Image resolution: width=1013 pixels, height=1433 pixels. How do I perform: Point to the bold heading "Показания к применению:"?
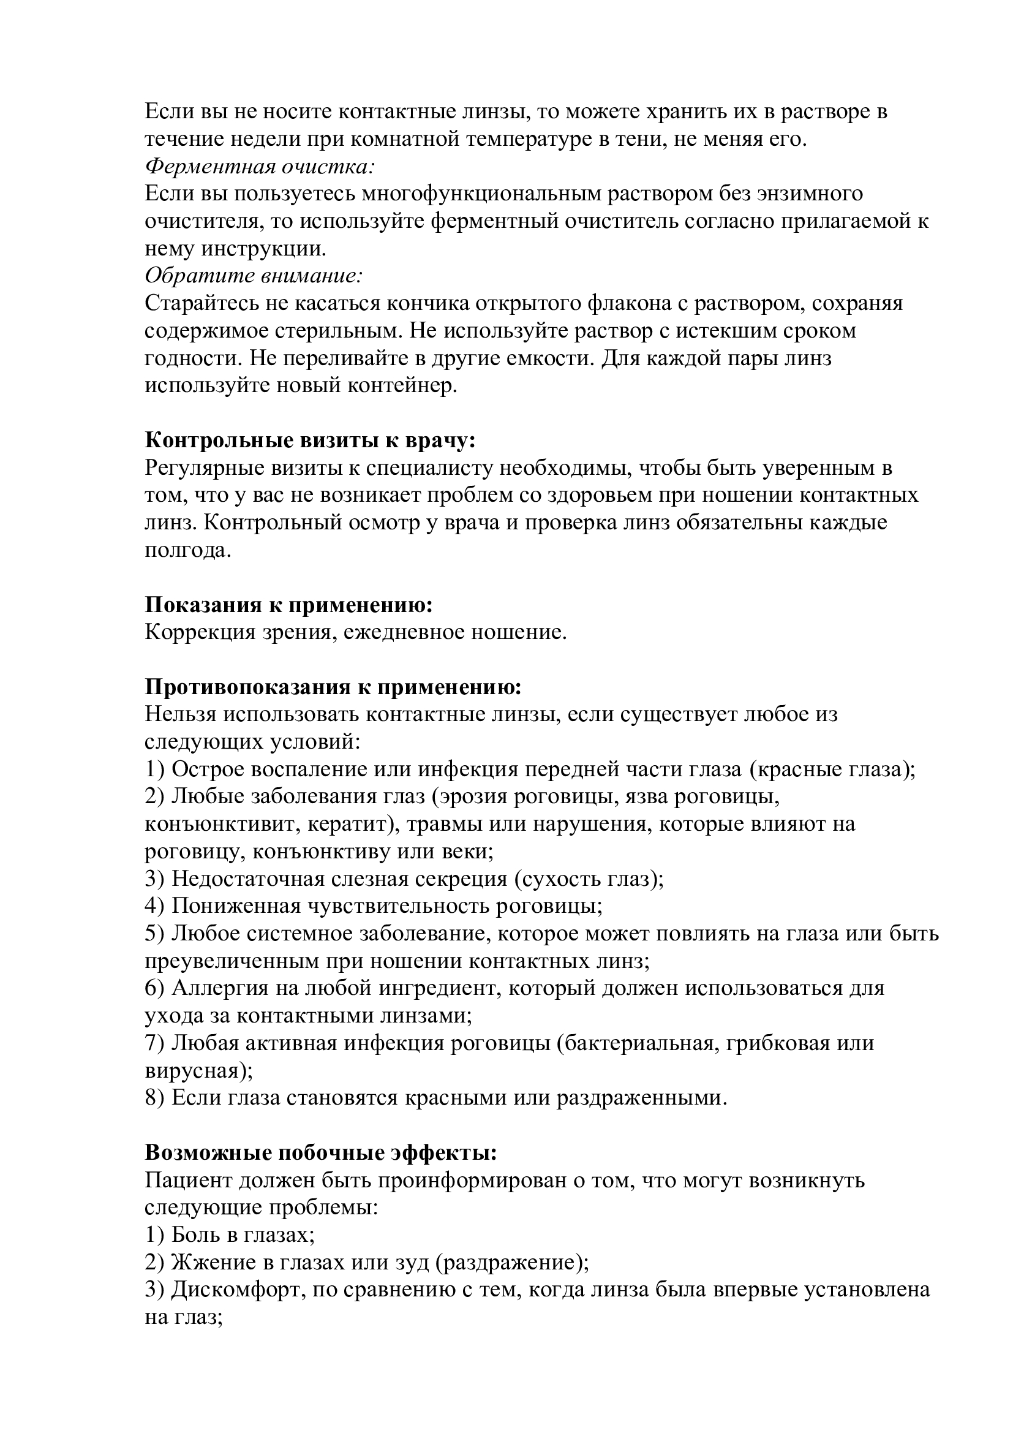[x=289, y=605]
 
